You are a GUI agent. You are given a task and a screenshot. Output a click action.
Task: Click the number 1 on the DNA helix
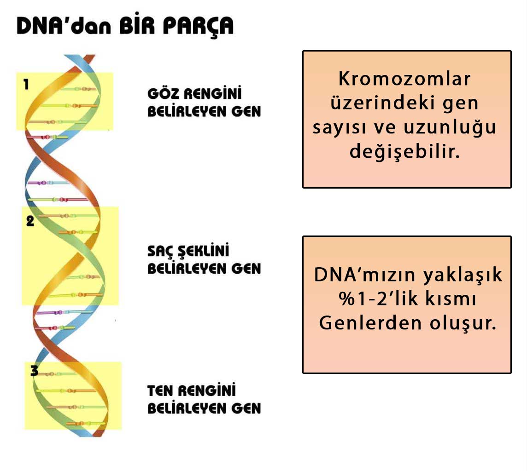click(26, 85)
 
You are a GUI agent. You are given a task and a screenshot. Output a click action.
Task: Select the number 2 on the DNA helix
click(30, 221)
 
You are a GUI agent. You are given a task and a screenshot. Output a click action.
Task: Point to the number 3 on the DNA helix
click(34, 371)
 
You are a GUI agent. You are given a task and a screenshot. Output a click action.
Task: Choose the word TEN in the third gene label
click(160, 391)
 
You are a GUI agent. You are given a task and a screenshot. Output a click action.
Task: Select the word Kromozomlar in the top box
click(405, 79)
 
